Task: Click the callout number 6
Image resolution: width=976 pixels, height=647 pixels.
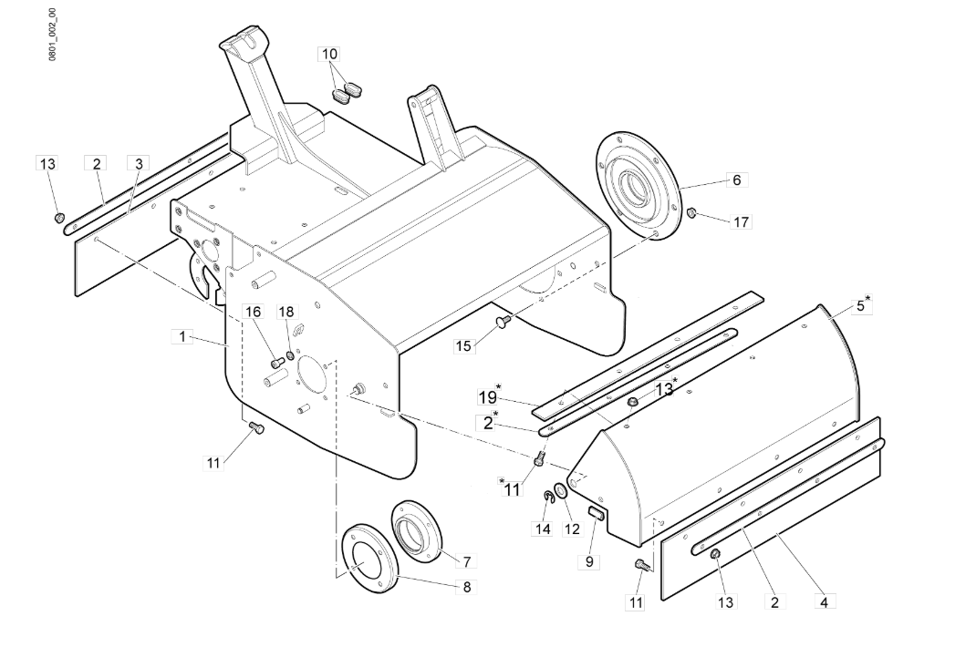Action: [x=737, y=180]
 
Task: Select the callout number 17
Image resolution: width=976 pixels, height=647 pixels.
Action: [x=741, y=221]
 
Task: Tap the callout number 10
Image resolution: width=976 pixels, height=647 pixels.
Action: [x=329, y=54]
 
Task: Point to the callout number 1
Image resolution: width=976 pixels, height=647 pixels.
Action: [x=182, y=336]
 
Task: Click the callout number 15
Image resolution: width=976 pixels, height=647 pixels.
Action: [x=463, y=346]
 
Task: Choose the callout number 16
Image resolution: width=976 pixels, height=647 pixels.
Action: [x=254, y=312]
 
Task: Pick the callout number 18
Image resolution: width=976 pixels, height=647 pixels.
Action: [x=286, y=312]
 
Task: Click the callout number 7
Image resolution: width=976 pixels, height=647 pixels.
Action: [x=466, y=561]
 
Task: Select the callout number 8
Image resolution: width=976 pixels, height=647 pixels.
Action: [x=466, y=587]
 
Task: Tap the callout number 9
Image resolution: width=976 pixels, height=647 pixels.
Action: [x=589, y=561]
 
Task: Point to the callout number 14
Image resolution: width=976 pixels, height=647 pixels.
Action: [x=543, y=529]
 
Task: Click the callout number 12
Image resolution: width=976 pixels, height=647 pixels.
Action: [x=571, y=529]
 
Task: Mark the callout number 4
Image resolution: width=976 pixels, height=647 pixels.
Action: [x=824, y=602]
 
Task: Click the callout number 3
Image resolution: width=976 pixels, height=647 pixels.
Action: [x=139, y=164]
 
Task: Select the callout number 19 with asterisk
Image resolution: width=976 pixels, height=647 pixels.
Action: [x=490, y=395]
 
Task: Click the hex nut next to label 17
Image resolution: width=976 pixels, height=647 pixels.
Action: [x=690, y=214]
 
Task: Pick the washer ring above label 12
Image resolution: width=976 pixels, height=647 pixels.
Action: [x=559, y=491]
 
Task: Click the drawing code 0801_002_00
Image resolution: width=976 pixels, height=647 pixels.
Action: [x=52, y=35]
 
